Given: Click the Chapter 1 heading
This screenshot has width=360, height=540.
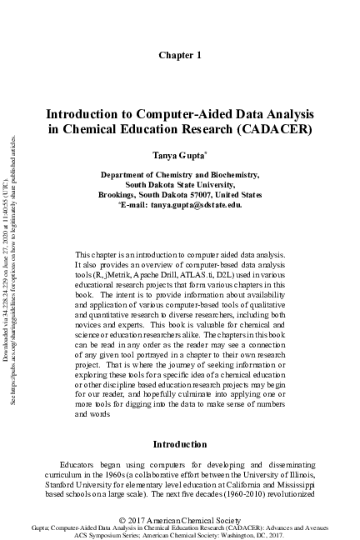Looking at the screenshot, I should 180,55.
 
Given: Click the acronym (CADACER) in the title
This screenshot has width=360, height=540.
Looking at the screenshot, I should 274,130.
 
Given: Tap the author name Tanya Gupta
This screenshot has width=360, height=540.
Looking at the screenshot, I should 178,156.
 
